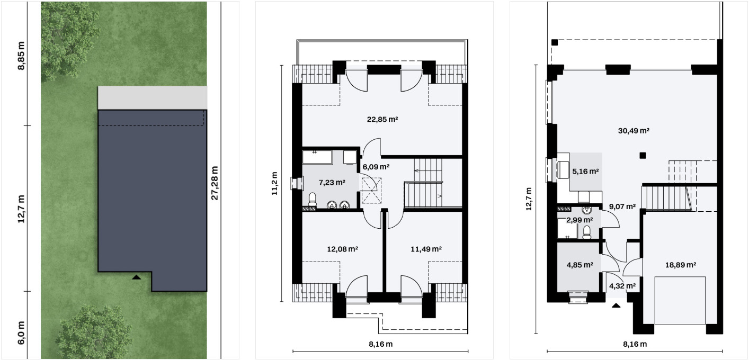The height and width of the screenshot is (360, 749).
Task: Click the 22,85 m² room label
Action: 382,119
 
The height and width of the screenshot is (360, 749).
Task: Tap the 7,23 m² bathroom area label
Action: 332,183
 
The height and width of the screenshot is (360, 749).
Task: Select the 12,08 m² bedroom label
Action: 342,249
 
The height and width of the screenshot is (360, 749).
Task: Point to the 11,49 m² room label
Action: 426,249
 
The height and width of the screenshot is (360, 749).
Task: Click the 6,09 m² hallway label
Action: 376,167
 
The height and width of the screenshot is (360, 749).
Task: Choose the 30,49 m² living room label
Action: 634,131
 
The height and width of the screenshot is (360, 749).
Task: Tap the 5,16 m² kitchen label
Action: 585,172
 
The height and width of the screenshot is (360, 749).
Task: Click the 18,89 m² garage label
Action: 681,265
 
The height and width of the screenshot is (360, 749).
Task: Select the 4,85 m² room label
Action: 580,265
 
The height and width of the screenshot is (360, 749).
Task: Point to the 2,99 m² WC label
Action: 579,220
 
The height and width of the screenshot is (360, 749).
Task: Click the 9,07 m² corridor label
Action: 622,206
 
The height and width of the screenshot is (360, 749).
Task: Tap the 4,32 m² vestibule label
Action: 622,286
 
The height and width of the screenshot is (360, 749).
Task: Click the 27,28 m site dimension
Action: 215,183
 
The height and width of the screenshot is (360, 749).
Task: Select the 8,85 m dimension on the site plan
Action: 21,56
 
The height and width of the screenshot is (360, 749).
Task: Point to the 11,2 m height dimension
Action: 274,184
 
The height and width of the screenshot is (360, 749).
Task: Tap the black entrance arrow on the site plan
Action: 136,277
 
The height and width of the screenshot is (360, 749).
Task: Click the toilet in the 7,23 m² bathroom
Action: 313,200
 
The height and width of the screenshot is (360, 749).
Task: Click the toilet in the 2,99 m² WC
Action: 587,232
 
